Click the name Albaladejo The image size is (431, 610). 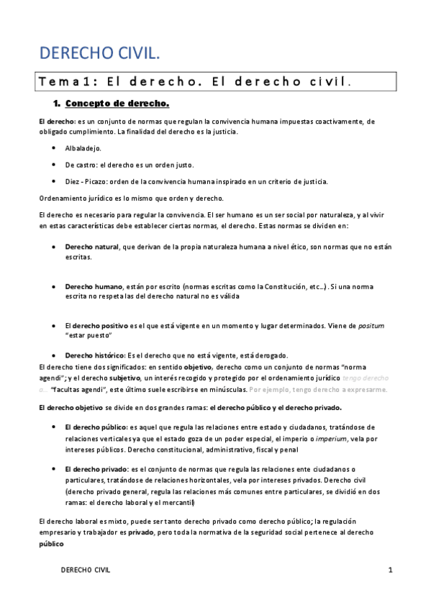pyautogui.click(x=83, y=148)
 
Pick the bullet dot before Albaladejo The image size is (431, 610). pyautogui.click(x=55, y=148)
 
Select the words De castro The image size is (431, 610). pyautogui.click(x=81, y=165)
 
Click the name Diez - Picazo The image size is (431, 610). pyautogui.click(x=88, y=181)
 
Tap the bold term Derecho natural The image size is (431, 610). pyautogui.click(x=92, y=247)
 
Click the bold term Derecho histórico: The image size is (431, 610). pyautogui.click(x=95, y=355)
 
